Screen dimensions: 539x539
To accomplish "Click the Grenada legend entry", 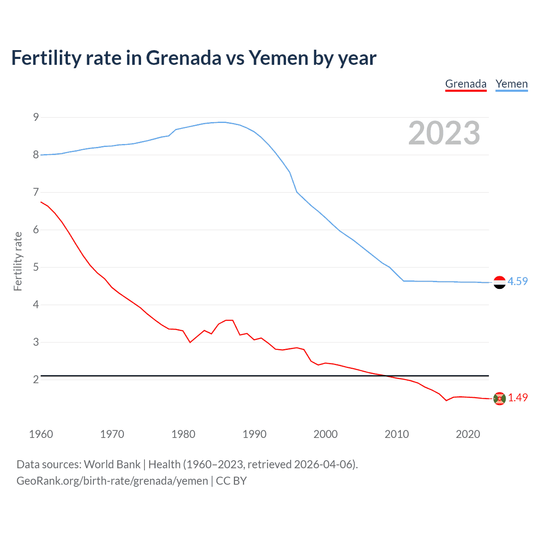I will [466, 84].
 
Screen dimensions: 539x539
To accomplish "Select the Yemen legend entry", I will [511, 84].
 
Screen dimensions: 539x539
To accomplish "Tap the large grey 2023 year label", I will [444, 133].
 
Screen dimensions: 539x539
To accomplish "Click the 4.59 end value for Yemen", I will [518, 281].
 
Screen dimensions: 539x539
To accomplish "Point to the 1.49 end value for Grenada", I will [518, 398].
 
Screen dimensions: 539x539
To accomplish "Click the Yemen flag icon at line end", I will [499, 282].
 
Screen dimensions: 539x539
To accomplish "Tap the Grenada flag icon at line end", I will [499, 398].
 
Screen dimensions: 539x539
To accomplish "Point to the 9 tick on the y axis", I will [36, 117].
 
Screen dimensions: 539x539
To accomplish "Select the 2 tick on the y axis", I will [36, 379].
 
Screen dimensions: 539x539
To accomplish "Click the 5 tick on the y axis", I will [36, 267].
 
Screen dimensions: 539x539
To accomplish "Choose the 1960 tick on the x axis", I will [41, 434].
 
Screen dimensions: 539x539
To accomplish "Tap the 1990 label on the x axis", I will [254, 434].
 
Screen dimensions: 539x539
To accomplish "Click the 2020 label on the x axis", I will [468, 434].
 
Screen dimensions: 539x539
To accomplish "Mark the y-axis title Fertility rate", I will [18, 261].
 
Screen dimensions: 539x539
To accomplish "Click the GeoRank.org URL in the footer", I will [112, 481].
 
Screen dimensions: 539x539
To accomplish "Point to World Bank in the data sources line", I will [112, 464].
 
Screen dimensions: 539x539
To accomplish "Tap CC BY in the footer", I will [231, 481].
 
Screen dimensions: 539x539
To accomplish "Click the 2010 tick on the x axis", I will [397, 434].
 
